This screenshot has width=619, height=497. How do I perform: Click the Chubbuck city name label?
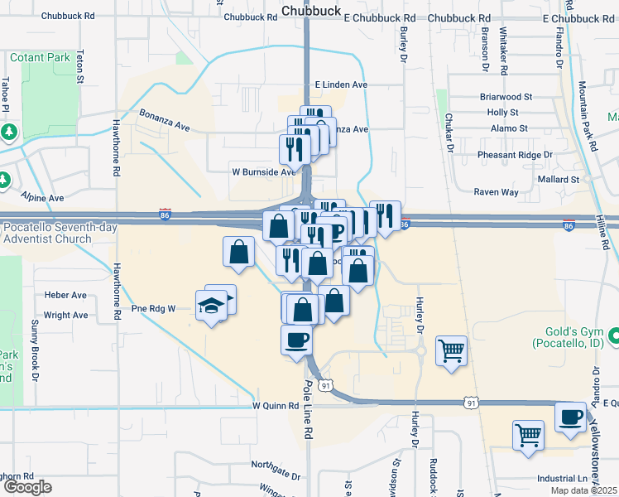(x=306, y=11)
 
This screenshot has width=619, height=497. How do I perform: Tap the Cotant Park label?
(x=41, y=58)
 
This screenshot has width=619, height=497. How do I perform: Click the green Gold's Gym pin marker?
(x=614, y=336)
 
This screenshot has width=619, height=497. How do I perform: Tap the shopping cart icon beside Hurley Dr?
(x=451, y=350)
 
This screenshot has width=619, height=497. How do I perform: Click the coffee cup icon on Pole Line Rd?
(x=297, y=339)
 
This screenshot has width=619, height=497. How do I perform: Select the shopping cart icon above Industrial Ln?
(x=528, y=434)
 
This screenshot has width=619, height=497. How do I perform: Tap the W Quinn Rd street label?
(x=275, y=406)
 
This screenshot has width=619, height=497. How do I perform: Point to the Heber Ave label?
(x=65, y=296)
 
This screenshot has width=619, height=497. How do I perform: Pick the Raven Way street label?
(x=496, y=192)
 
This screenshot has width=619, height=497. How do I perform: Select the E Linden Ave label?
(x=341, y=85)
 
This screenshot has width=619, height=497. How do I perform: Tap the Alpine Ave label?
(x=43, y=199)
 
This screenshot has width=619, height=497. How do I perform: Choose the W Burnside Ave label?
(x=262, y=172)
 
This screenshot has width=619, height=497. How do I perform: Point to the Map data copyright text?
(x=588, y=490)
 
